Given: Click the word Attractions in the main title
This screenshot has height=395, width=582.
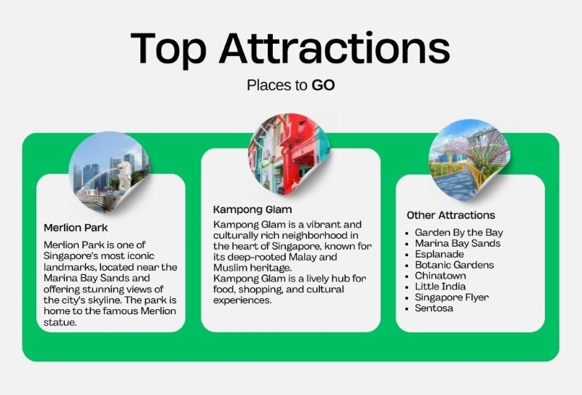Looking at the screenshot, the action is [x=335, y=48].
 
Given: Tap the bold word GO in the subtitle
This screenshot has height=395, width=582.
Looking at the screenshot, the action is [x=323, y=85].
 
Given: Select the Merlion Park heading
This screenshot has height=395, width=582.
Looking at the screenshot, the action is [x=76, y=228].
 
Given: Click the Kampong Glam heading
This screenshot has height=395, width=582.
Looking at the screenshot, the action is [x=252, y=210].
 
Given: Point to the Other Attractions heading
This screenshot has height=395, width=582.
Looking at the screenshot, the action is [x=450, y=215].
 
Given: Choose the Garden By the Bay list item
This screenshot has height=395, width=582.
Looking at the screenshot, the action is [x=459, y=233].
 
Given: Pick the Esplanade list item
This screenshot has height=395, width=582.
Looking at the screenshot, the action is [x=439, y=255].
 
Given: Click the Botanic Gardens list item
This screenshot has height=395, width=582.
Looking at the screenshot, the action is [x=454, y=265].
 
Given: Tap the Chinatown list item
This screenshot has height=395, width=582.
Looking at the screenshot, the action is [x=440, y=276].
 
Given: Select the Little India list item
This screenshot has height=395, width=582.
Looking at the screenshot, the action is [x=440, y=287].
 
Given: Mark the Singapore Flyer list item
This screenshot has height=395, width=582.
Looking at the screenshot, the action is [x=452, y=298].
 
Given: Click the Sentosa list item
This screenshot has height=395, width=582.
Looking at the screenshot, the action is [x=434, y=308].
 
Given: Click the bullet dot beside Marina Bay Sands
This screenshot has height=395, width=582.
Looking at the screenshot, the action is [x=407, y=244].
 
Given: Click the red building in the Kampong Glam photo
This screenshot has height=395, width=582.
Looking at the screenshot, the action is [x=293, y=148].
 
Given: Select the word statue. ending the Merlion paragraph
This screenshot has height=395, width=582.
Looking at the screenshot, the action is [x=60, y=322].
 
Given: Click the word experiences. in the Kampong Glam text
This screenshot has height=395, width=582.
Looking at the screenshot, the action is [x=242, y=300].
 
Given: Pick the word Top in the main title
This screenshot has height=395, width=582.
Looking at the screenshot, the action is [x=168, y=49].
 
